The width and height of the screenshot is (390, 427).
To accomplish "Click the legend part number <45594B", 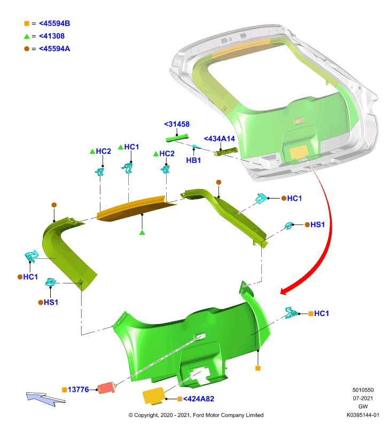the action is pos(54,23).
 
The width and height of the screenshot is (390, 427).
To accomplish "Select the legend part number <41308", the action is pos(52,36).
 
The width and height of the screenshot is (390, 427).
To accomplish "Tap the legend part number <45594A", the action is pos(54,49).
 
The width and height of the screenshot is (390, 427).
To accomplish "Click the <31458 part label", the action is pos(177,124).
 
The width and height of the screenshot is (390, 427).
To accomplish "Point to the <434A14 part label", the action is pos(219,139).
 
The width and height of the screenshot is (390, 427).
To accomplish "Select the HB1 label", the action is pos(193,161).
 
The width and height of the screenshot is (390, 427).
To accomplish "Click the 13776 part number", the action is pos(78,390).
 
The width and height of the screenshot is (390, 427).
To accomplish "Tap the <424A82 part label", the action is pos(198,399).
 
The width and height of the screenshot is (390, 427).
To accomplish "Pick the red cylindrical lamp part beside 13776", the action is pos(106,388).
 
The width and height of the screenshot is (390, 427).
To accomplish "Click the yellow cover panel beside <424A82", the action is pos(154,396).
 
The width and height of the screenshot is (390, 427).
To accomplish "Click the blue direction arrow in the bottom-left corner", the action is pos(45,399).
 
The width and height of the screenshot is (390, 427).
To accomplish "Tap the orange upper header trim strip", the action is pos(136,208).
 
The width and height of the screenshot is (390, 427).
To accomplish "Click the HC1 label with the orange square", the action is pos(321,313).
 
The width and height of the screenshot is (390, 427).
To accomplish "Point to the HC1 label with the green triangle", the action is pos(131,147).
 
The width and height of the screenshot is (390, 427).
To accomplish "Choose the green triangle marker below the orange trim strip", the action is pos(142,232).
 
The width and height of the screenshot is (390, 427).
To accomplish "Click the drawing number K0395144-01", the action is pos(363,415).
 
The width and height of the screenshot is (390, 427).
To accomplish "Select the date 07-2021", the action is pos(363,398).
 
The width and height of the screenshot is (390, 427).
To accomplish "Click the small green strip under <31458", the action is pos(177,138).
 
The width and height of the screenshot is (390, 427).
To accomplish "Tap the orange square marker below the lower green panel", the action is pos(258,368).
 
